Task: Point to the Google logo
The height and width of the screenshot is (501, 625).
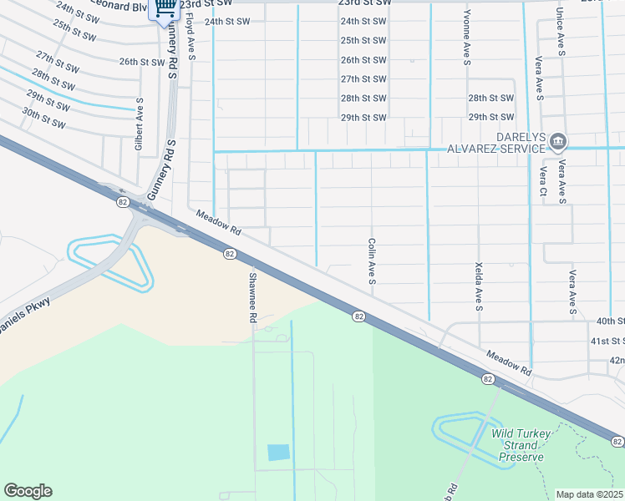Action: tap(28, 490)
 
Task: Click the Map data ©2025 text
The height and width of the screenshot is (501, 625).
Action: tap(589, 494)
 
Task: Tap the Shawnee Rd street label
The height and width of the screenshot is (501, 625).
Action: tap(252, 296)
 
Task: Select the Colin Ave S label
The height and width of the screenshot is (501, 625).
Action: tap(371, 260)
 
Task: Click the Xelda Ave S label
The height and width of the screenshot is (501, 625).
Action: tap(479, 284)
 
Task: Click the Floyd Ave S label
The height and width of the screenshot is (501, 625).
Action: tap(191, 37)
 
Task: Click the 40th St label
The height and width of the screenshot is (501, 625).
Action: tap(609, 321)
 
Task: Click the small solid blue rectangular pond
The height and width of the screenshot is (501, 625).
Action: tap(278, 453)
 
